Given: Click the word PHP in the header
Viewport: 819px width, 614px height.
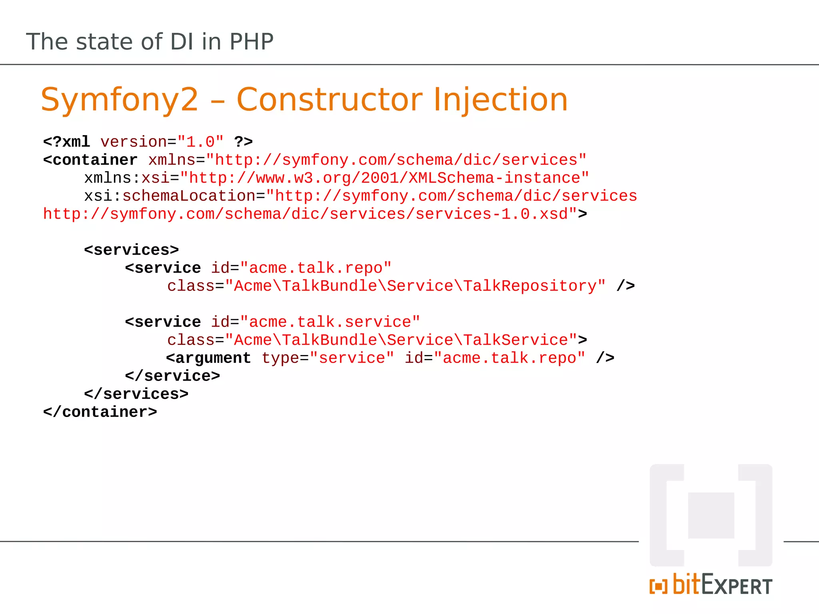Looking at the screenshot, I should click(251, 42).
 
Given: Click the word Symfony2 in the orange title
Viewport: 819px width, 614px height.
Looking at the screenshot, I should click(119, 100).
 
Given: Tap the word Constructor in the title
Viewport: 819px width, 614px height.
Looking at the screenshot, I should click(330, 100).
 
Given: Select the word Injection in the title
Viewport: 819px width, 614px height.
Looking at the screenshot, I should click(500, 100).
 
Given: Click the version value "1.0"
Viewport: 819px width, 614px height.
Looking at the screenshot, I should click(200, 142).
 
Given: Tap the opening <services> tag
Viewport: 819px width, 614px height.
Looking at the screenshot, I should click(132, 250).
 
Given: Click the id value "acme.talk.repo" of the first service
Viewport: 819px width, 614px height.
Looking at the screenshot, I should click(316, 268).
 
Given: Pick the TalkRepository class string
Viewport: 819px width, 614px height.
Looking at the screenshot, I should click(415, 286).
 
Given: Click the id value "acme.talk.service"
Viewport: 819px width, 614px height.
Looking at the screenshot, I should click(330, 322).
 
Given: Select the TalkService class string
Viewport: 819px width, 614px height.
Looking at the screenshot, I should click(401, 340).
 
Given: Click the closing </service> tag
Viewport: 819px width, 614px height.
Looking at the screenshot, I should click(172, 376).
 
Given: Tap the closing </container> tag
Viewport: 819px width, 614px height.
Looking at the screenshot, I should click(100, 412).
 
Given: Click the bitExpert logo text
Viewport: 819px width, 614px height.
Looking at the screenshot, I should click(722, 585).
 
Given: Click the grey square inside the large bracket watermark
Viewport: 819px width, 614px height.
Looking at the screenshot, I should click(711, 515).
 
